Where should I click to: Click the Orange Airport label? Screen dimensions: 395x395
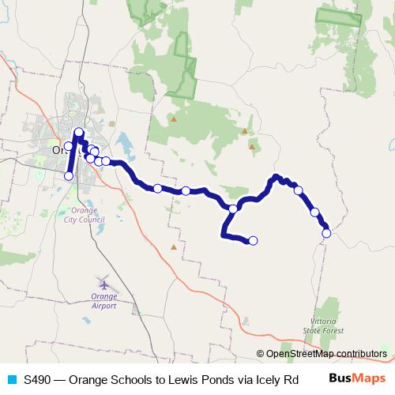[104, 301]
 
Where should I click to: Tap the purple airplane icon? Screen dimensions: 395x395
[104, 283]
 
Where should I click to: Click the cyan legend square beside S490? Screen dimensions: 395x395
[10, 378]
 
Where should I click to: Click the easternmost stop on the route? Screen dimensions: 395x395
[326, 232]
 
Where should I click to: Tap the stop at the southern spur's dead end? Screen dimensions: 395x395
[254, 241]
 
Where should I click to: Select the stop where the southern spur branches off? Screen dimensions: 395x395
[233, 209]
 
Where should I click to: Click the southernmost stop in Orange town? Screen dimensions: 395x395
[69, 176]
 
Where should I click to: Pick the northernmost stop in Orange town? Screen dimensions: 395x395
[79, 133]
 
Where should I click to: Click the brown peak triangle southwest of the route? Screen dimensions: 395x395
[174, 246]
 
